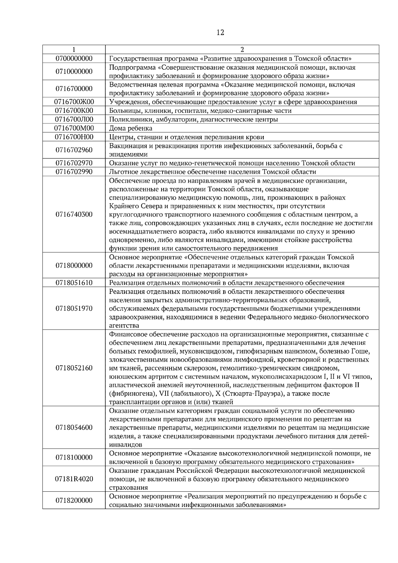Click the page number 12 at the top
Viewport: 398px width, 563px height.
[220, 32]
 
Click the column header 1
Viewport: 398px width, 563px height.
[74, 50]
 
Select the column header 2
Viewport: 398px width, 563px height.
[242, 50]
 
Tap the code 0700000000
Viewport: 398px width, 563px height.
[74, 59]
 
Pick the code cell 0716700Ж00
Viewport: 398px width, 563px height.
[74, 102]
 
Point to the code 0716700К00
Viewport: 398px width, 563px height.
[74, 110]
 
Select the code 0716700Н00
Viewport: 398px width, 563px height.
[74, 137]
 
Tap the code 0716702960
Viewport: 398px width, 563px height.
[74, 150]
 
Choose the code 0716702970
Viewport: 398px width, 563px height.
[74, 163]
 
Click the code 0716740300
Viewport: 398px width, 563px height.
[74, 214]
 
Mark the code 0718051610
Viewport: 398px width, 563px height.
[74, 282]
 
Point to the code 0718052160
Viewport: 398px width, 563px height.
[74, 368]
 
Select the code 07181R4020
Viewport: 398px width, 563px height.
[74, 479]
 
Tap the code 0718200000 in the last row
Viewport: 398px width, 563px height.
[74, 500]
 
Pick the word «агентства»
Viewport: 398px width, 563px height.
[124, 326]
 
